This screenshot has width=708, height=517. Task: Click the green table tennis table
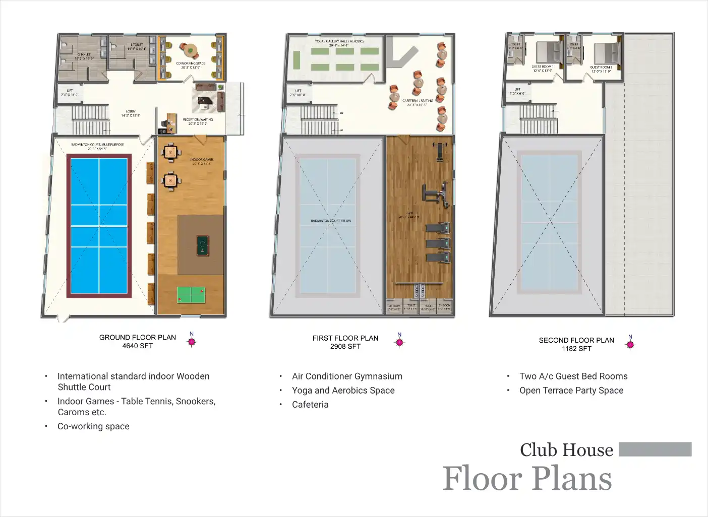click(x=191, y=295)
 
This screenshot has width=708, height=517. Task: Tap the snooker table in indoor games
click(x=202, y=246)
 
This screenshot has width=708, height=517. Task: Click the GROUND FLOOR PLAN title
click(x=137, y=338)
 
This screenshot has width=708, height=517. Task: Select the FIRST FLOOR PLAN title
click(x=345, y=338)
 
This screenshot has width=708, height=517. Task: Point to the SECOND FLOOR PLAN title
click(x=576, y=340)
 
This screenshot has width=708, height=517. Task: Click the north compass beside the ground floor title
click(x=192, y=341)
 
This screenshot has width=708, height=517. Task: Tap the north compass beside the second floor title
click(x=630, y=344)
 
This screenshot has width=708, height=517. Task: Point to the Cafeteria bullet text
click(x=310, y=405)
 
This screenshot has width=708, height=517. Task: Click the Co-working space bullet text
click(x=93, y=426)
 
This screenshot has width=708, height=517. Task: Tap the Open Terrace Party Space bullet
click(x=571, y=391)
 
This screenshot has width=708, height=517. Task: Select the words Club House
click(x=566, y=450)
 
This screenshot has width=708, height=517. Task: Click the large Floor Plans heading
click(x=527, y=479)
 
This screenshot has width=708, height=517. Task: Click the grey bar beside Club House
click(x=655, y=449)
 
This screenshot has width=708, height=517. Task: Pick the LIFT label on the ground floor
click(x=70, y=91)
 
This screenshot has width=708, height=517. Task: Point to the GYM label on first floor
click(x=409, y=213)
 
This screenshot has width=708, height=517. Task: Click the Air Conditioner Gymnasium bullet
click(x=347, y=376)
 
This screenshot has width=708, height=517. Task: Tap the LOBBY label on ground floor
click(x=131, y=111)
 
